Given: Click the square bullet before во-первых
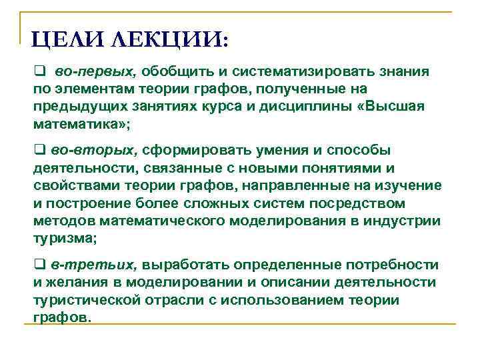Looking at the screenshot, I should coord(39,71).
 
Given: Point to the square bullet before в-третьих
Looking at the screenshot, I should coord(38,265).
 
